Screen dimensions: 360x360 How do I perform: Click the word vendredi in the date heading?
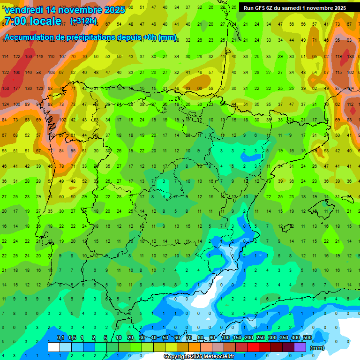25,10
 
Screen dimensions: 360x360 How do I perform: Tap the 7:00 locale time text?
33,21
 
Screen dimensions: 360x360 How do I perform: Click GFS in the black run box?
262,8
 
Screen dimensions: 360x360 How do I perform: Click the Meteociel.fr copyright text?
199,357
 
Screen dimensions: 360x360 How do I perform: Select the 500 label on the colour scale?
307,338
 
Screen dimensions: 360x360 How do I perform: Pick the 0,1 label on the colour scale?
60,338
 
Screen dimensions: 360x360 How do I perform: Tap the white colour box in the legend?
54,347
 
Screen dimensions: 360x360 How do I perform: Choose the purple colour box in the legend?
300,347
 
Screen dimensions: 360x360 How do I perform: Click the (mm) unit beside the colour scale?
318,348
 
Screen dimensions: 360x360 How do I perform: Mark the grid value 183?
351,56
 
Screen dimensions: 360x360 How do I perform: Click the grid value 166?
17,72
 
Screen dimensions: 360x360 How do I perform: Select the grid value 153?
6,88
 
